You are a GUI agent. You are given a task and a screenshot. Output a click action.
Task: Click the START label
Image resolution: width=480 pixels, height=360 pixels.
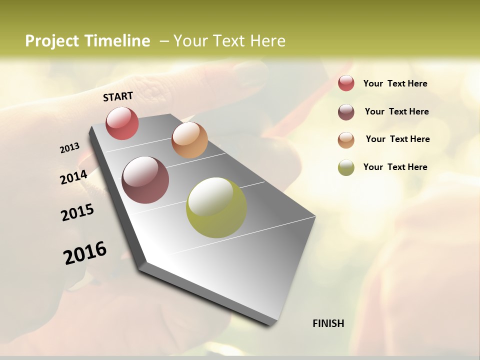(118, 96)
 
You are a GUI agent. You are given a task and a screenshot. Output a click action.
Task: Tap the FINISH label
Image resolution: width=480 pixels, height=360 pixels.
(328, 323)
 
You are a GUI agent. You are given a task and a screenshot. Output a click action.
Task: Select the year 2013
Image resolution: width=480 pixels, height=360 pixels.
(69, 148)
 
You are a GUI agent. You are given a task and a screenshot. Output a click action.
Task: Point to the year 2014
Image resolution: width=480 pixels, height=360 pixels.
(74, 177)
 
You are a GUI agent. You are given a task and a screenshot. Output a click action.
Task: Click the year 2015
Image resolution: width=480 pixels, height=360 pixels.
(77, 212)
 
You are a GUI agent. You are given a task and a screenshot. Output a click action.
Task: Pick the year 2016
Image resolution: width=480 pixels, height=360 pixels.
(85, 252)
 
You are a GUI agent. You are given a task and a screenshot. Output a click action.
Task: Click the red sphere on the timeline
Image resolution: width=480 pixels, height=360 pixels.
(122, 123)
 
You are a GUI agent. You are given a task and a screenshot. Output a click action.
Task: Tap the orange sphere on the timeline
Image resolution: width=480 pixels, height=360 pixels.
(189, 140)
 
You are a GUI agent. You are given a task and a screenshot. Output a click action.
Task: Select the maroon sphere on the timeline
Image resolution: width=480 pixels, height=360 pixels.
(145, 180)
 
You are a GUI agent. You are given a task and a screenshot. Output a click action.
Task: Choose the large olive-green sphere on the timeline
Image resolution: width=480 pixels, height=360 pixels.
(216, 207)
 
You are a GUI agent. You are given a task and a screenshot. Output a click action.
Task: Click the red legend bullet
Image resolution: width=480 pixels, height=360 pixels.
(346, 83)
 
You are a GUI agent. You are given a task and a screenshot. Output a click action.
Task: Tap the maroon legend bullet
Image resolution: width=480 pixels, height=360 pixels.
(346, 112)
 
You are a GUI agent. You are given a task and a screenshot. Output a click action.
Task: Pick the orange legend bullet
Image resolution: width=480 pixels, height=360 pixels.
(346, 140)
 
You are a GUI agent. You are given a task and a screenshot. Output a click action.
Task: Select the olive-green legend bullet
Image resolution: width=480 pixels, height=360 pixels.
(346, 167)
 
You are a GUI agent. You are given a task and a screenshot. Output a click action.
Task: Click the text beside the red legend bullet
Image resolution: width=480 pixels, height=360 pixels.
(395, 83)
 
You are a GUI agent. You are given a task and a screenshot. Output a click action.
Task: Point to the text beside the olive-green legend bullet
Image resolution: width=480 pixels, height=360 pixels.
(395, 167)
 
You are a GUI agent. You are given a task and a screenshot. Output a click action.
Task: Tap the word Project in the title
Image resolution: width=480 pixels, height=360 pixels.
(52, 41)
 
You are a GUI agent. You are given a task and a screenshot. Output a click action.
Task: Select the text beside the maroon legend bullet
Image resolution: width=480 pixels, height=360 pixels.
(396, 111)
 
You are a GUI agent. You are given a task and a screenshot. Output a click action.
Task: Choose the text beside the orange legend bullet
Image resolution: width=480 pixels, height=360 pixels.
(397, 139)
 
